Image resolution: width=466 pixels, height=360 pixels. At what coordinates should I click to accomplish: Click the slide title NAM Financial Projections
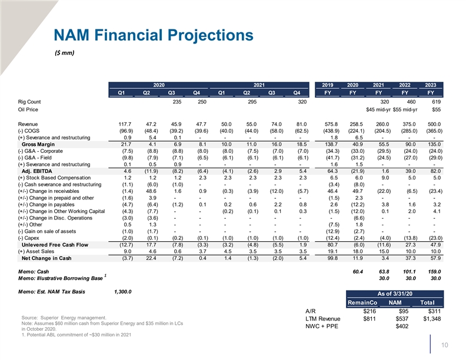click(x=154, y=35)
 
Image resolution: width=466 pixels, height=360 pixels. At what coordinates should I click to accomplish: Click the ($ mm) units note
click(x=65, y=53)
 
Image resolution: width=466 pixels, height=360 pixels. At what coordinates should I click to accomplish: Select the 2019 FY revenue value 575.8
click(x=331, y=124)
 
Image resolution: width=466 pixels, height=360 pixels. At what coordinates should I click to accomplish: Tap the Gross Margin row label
click(x=38, y=144)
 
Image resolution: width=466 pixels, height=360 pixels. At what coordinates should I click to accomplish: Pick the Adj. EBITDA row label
click(x=37, y=171)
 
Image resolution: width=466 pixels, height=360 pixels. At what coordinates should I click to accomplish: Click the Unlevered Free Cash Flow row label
click(x=55, y=245)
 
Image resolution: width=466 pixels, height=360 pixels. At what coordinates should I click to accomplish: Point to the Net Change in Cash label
click(x=46, y=258)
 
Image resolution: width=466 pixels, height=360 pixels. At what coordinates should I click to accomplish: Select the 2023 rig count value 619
click(x=436, y=102)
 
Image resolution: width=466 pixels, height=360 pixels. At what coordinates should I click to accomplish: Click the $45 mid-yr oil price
click(x=378, y=109)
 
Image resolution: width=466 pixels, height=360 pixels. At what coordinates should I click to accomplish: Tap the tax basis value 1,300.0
click(x=123, y=292)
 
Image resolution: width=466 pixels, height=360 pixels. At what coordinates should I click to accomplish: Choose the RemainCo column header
click(x=362, y=303)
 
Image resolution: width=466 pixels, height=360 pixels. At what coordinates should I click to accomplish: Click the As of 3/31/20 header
click(x=395, y=294)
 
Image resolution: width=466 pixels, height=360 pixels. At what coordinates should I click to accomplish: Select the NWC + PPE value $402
click(x=402, y=326)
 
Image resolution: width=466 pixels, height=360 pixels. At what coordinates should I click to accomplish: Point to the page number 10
click(x=445, y=345)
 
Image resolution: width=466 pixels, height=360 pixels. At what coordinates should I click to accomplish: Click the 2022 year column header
click(x=404, y=85)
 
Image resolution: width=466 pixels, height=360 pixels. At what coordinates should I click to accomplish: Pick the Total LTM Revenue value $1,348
click(x=432, y=319)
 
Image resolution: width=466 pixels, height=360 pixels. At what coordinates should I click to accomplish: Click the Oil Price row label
click(x=28, y=109)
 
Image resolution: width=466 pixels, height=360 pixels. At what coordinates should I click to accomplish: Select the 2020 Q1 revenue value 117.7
click(x=125, y=124)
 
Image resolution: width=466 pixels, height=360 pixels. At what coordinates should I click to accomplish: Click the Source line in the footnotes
click(x=64, y=318)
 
